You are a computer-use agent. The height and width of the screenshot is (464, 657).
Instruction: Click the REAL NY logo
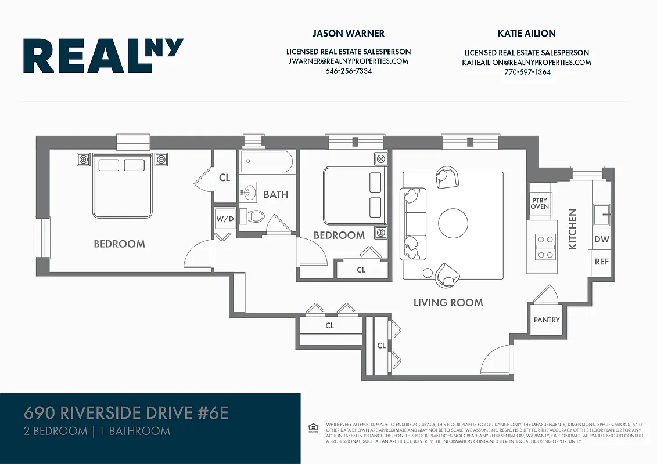[x=103, y=56]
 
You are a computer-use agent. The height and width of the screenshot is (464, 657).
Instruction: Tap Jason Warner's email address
[x=348, y=61]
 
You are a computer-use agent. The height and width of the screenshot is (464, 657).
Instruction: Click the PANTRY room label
[x=547, y=320]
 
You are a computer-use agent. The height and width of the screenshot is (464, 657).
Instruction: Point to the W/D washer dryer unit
[x=225, y=219]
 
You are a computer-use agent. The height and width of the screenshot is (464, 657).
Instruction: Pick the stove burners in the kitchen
[x=545, y=246]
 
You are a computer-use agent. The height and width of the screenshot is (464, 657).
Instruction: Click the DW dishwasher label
[x=601, y=240]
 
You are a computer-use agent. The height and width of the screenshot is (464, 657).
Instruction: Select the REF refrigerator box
[x=601, y=262]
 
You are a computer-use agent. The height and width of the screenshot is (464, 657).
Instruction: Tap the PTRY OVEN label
[x=540, y=203]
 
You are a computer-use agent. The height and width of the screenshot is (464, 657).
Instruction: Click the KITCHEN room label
[x=573, y=229]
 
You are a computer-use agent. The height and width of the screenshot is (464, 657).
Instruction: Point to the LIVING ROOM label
[x=448, y=302]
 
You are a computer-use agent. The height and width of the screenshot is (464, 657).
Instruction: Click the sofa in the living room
[x=413, y=223]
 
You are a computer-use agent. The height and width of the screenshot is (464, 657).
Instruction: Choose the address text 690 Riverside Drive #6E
[x=126, y=413]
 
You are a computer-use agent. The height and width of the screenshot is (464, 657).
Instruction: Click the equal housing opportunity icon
[x=313, y=428]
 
